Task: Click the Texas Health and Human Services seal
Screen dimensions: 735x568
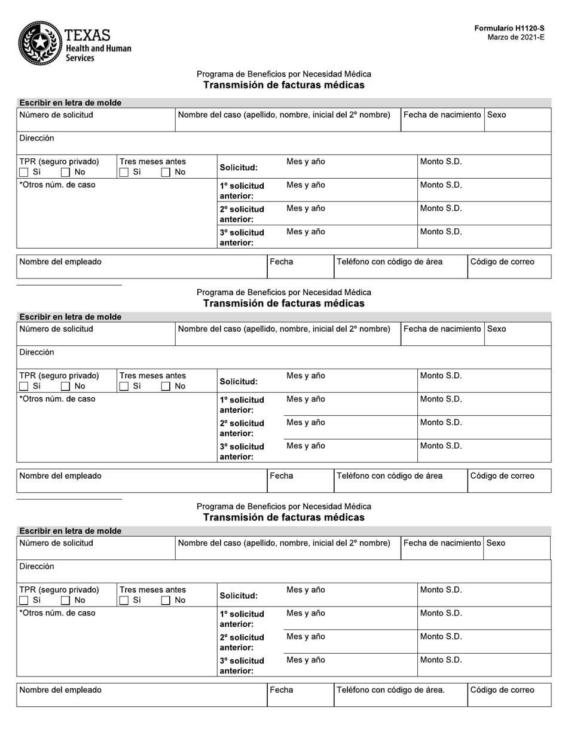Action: [39, 43]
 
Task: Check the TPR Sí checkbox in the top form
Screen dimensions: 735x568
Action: [24, 173]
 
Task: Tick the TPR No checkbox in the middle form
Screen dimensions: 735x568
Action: [66, 387]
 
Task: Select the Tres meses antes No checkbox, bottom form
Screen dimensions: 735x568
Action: [166, 601]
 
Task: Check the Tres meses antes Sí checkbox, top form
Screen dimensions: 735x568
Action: [124, 173]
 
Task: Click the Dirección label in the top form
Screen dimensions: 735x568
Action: [36, 138]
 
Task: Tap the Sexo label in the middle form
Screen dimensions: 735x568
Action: [496, 329]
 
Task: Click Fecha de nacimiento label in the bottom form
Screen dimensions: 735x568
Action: [442, 543]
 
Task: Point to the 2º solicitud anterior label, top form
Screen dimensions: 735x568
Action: [242, 214]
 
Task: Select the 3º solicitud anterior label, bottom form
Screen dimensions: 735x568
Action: [242, 666]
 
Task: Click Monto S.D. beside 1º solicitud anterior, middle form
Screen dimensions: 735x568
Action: [441, 399]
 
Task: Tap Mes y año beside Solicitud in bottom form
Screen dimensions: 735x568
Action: [306, 590]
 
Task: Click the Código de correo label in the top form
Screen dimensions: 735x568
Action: [502, 262]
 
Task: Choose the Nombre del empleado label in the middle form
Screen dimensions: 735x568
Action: [60, 476]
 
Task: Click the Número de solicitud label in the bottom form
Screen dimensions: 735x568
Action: [56, 543]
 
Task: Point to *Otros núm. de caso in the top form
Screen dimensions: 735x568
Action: [57, 185]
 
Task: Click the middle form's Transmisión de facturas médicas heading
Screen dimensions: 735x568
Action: [283, 304]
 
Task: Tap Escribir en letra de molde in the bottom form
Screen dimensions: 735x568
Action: [70, 531]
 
